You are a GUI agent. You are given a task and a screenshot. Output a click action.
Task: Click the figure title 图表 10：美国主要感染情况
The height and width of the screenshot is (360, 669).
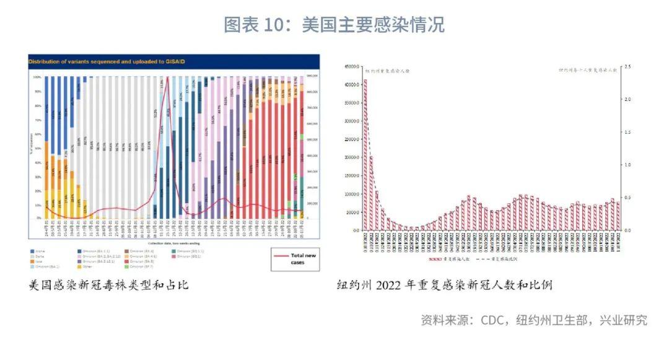(334, 25)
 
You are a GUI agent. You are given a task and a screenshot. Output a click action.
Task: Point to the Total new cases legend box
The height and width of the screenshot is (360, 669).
(294, 259)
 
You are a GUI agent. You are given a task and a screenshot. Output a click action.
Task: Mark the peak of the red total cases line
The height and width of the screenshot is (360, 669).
(167, 77)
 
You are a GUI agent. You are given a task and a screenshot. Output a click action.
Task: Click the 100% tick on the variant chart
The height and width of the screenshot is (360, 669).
(37, 77)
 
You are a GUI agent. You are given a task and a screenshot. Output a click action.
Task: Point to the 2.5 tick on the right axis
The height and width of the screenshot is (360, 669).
(626, 66)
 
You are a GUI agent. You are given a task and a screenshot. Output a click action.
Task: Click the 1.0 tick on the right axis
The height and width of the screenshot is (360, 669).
(626, 165)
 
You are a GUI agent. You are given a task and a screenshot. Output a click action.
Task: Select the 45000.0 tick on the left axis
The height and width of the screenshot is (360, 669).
(352, 66)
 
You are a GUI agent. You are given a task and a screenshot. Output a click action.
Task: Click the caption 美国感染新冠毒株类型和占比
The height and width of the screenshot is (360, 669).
(108, 286)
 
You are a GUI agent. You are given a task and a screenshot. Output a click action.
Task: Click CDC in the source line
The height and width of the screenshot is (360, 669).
(492, 320)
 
